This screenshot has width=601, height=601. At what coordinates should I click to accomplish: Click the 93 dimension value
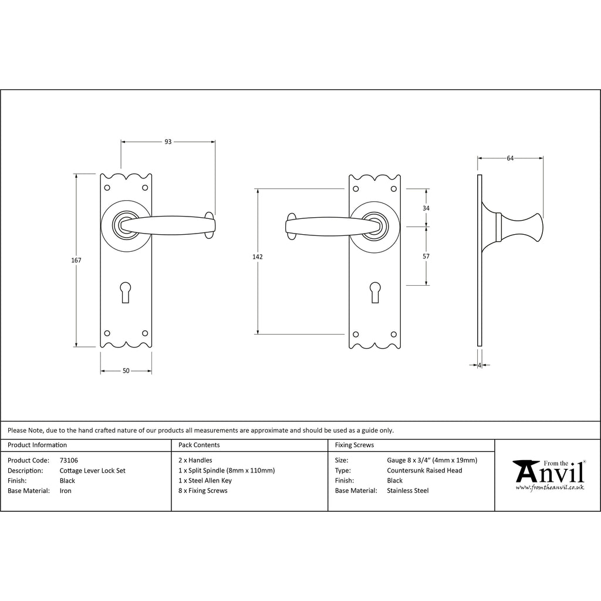tap(168, 142)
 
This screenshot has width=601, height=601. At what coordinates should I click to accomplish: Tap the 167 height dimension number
tap(76, 260)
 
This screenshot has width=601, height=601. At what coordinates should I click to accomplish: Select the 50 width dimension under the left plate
tap(126, 371)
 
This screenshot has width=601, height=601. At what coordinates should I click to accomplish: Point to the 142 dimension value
tap(258, 257)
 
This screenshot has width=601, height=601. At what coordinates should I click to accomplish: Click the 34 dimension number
tap(426, 208)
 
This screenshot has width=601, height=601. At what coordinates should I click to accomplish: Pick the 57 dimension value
tap(426, 256)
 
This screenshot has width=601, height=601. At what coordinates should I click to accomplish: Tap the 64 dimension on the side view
tap(510, 158)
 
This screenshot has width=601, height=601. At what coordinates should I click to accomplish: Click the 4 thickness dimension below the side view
tap(480, 365)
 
